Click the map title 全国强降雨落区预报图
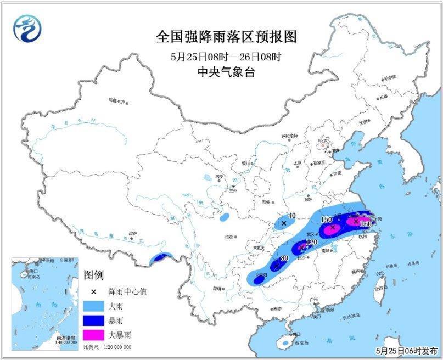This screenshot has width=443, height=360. point(226,37)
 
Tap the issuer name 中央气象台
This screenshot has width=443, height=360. point(226,72)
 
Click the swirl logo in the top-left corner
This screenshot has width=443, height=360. point(28,27)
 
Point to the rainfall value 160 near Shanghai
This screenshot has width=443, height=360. point(366,224)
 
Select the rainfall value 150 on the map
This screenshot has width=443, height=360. point(326,220)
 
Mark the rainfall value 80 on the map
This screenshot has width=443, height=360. point(284,258)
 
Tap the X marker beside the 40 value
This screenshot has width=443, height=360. point(284,223)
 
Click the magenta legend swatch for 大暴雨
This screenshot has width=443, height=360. point(95,333)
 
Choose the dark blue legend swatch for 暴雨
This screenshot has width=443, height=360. point(95,319)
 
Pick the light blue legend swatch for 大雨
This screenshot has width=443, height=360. point(95,305)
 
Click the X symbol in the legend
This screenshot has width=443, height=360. point(94,291)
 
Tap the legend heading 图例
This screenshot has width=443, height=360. point(93,275)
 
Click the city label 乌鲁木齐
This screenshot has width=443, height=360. point(116,101)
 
